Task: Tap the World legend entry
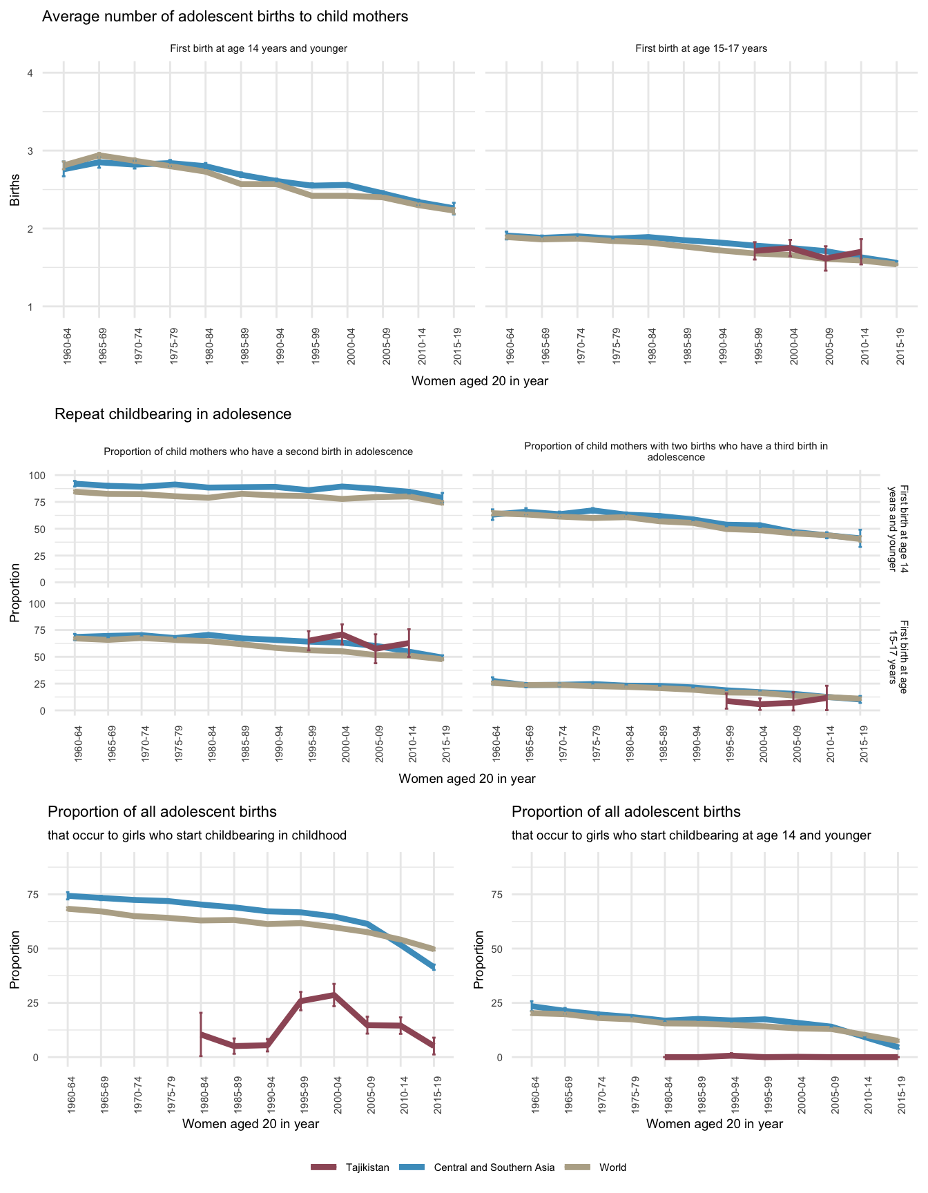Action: tap(612, 1167)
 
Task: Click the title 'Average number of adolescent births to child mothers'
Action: tap(225, 17)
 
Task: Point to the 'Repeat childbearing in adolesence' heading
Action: tap(173, 414)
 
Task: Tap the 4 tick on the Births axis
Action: tap(30, 73)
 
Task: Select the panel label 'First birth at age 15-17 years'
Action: tap(701, 48)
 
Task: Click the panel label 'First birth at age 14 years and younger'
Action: tap(258, 48)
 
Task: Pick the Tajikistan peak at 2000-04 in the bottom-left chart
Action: tap(334, 995)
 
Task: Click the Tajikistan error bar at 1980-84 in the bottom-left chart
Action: tap(201, 1034)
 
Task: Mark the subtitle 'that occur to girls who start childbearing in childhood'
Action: tap(197, 835)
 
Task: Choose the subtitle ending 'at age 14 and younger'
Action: tap(691, 835)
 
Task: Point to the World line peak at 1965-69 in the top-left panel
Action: tap(99, 155)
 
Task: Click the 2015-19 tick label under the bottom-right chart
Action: tap(898, 1089)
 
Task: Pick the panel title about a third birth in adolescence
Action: tap(676, 452)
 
